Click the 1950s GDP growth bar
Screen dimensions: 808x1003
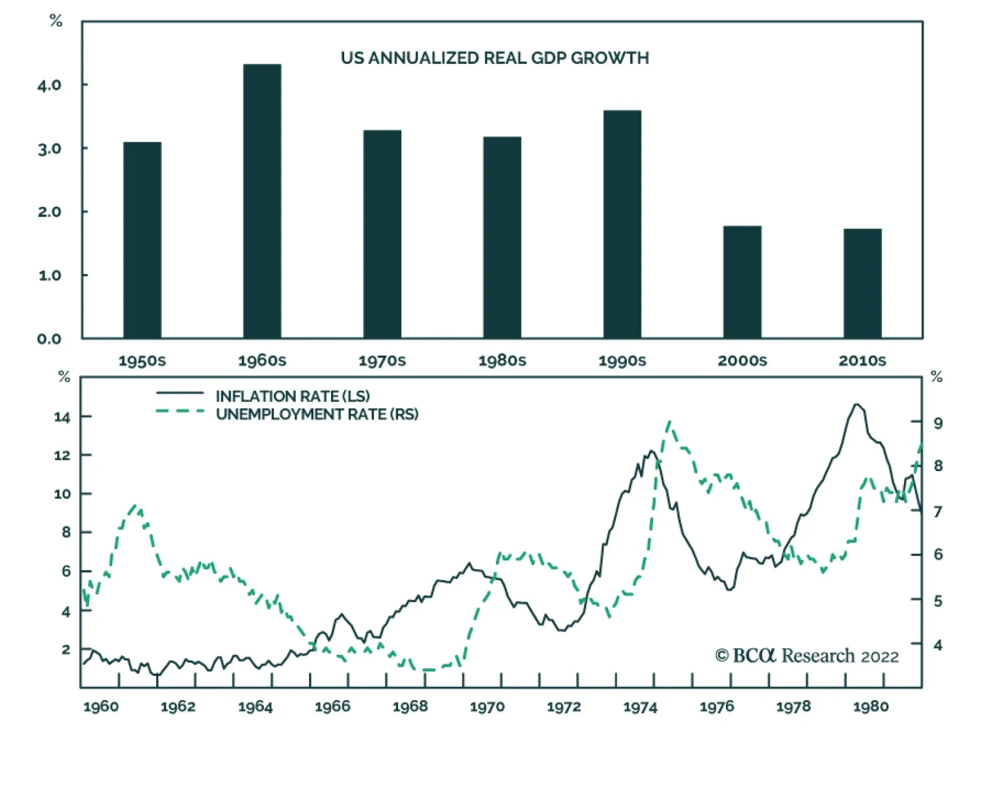point(142,240)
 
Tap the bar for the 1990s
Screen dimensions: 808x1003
point(622,225)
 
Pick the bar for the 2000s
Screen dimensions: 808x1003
point(742,282)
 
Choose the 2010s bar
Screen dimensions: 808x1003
point(863,284)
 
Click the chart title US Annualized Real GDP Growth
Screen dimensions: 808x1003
point(495,58)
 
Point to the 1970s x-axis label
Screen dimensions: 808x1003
point(382,361)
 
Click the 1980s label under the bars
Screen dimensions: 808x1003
point(502,361)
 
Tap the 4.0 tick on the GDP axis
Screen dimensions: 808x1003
point(49,85)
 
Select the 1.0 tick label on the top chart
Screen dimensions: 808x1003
point(49,275)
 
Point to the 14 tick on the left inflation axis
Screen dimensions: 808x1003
point(61,417)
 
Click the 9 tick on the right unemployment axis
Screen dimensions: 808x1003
point(938,423)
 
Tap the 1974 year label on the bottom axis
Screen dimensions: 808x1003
point(640,707)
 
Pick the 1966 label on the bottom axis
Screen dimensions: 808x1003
point(332,707)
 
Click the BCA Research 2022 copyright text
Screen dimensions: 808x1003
point(807,656)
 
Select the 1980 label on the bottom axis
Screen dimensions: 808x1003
point(871,707)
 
